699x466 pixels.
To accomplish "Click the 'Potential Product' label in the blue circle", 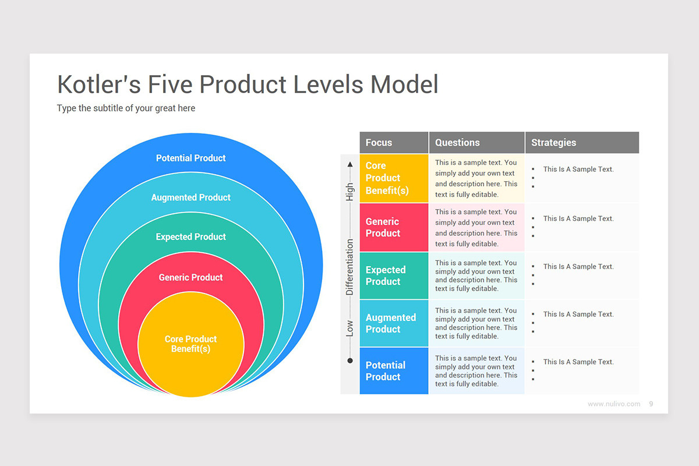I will pos(190,158).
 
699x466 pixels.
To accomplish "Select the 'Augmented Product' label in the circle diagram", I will pos(190,197).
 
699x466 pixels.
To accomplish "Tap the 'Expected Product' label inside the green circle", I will pos(190,237).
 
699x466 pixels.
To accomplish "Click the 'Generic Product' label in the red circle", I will pos(190,277).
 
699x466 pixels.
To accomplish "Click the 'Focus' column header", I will pos(379,143).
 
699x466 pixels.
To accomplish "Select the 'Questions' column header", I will pos(457,143).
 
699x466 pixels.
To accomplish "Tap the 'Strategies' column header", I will pos(553,143).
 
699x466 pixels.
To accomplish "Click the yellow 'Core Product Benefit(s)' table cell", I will pos(394,178).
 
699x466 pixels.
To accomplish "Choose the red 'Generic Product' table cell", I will pos(394,227).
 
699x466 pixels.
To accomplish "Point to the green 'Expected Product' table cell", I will pos(394,276).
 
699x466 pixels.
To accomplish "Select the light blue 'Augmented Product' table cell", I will pos(394,323).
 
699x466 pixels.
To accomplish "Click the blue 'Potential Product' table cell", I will pos(394,371).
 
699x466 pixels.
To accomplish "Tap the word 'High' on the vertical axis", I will pos(350,192).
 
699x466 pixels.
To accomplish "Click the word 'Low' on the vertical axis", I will pos(350,328).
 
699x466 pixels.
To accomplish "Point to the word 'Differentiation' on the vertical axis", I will pos(350,267).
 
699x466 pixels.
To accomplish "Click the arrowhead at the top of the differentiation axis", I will pos(350,164).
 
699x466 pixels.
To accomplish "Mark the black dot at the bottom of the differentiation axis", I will pos(350,361).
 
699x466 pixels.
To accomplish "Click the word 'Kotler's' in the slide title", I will pos(99,84).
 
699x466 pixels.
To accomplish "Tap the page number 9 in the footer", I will pos(651,404).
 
